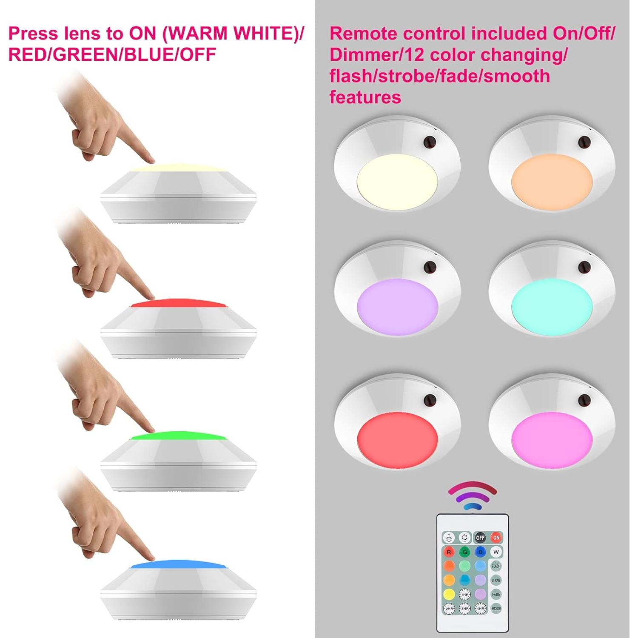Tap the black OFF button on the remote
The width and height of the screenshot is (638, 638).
(480, 538)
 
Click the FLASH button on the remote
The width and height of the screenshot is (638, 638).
(496, 566)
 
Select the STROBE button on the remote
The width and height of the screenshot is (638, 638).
(496, 580)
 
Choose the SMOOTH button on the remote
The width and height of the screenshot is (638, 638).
(496, 609)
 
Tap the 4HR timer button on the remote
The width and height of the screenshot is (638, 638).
(480, 609)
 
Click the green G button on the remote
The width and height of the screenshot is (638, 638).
(464, 552)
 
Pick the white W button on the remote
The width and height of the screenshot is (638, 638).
(496, 552)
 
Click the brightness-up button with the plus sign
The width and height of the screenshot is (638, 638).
(449, 538)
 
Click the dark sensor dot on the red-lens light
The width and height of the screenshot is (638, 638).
(430, 400)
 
